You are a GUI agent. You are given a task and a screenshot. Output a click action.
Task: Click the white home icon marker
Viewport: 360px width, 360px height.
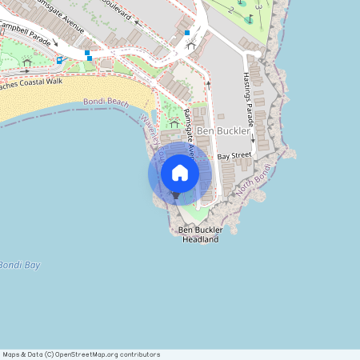click(x=180, y=173)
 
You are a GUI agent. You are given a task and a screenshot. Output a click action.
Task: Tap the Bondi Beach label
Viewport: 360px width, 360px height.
click(x=106, y=102)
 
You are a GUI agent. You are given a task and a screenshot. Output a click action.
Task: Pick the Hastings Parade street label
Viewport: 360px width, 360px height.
click(x=247, y=98)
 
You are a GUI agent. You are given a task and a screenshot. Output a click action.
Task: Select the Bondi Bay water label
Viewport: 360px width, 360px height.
click(x=18, y=265)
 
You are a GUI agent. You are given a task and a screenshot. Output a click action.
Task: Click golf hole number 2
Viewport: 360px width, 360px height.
click(x=231, y=10)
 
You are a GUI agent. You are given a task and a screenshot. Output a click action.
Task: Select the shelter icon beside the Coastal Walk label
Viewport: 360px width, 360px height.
click(x=27, y=62)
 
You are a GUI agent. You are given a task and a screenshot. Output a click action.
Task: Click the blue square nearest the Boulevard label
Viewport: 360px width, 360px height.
click(x=187, y=33)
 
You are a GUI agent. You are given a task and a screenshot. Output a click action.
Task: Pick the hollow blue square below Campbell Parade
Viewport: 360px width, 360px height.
click(x=59, y=59)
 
